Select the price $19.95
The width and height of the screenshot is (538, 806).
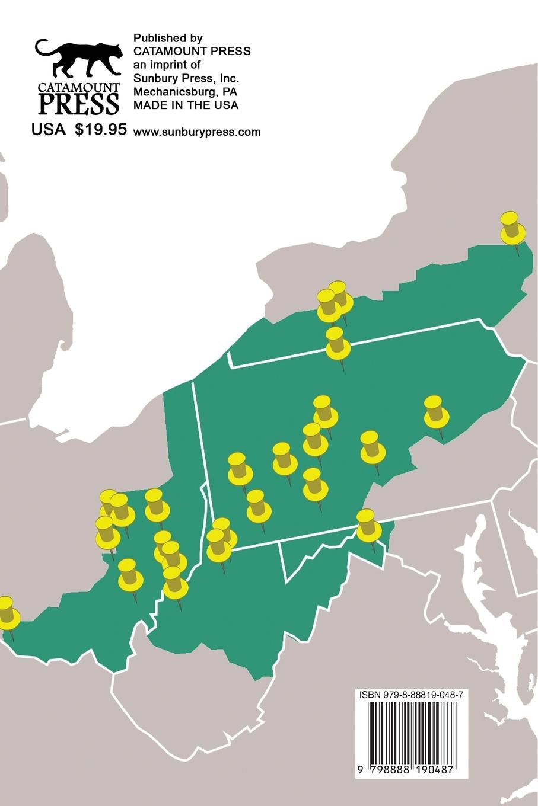(101, 130)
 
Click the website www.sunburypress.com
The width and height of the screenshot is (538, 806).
(197, 132)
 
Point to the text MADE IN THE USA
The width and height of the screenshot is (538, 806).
(186, 105)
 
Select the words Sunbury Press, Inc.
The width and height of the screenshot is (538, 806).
(186, 78)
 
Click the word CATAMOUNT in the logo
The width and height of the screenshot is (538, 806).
(79, 87)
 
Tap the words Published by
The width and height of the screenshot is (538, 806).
(168, 37)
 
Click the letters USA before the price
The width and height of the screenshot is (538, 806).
(48, 130)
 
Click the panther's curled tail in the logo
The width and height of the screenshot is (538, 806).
(43, 47)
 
